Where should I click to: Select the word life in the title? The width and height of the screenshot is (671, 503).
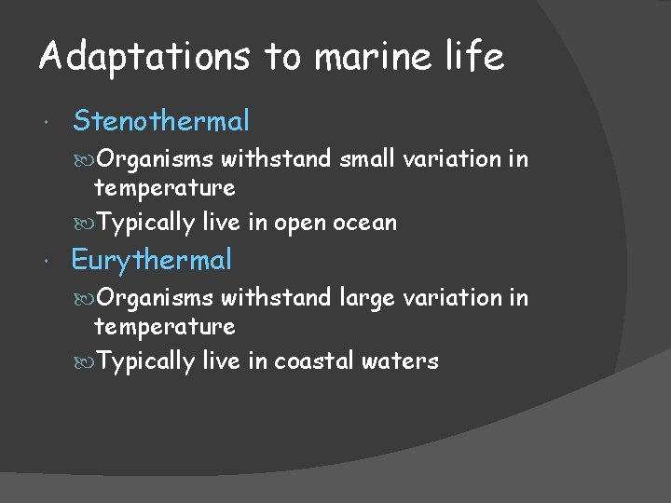[x=475, y=58]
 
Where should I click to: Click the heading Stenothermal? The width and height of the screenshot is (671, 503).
[x=161, y=121]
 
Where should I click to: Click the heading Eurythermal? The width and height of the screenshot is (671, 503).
[x=151, y=260]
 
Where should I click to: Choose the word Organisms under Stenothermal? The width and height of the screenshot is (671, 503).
[x=155, y=160]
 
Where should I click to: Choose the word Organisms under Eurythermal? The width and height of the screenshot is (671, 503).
[x=155, y=299]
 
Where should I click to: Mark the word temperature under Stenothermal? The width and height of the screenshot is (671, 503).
[x=164, y=189]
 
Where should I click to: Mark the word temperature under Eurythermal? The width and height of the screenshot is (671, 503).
[x=164, y=328]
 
